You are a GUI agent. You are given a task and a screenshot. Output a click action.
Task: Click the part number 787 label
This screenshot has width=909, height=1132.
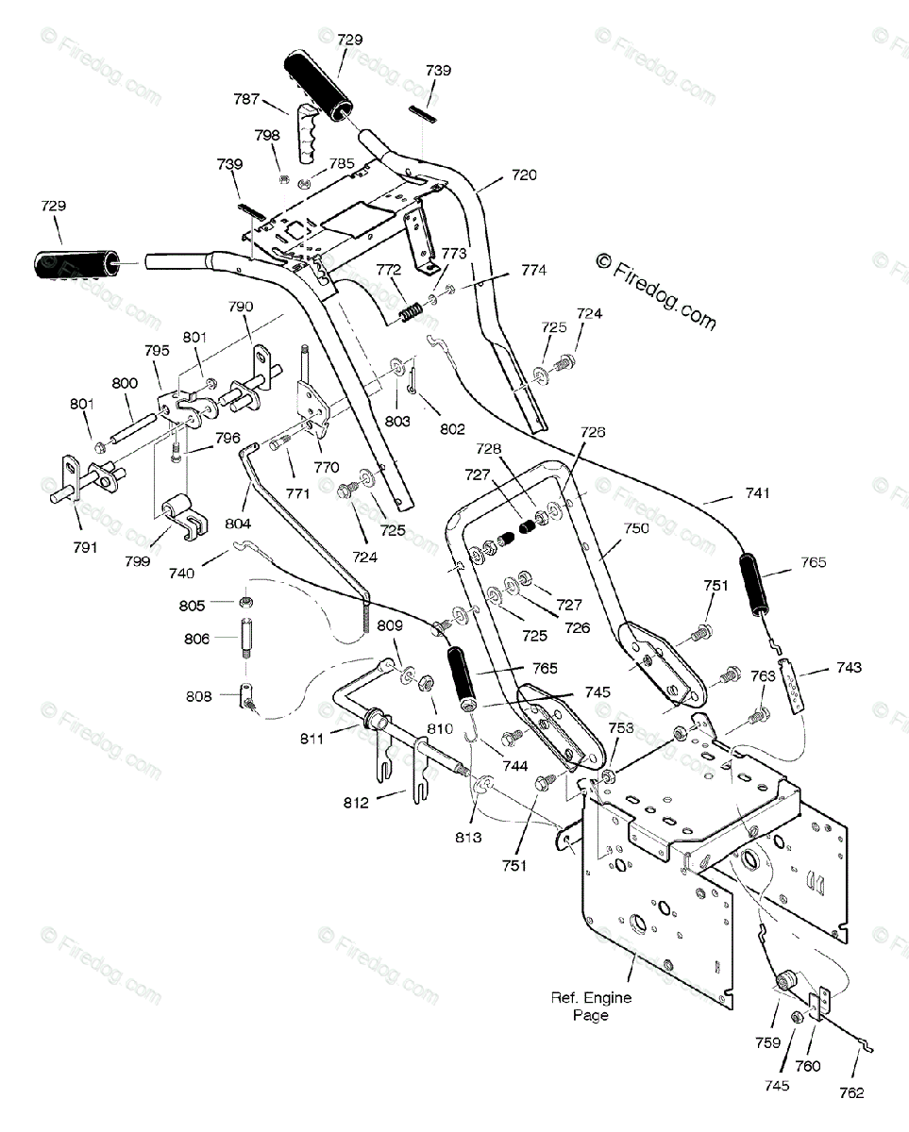tap(246, 99)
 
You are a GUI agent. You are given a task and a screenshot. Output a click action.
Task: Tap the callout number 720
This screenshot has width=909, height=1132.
tap(524, 175)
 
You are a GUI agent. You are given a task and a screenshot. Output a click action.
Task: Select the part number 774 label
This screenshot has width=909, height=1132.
tap(534, 271)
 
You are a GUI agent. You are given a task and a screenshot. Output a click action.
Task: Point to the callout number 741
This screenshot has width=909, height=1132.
tap(758, 492)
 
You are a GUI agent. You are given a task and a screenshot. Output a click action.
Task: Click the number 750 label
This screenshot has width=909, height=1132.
tap(636, 528)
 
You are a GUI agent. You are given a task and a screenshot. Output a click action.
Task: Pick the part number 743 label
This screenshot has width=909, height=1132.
tap(849, 668)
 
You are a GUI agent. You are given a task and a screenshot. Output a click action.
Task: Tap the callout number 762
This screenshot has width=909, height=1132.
tap(851, 1093)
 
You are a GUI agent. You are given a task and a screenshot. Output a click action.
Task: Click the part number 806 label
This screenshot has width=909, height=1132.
tap(196, 640)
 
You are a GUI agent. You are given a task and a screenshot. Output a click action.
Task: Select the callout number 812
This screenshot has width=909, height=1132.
tap(356, 803)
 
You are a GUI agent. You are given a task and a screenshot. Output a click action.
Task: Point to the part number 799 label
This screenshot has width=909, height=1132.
tap(138, 561)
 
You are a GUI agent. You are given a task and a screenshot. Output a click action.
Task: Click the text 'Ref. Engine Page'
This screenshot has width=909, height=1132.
tap(591, 1007)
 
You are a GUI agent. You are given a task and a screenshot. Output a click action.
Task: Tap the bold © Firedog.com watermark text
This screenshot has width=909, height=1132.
tap(656, 292)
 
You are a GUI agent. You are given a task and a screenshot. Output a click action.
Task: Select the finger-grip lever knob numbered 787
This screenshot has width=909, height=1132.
tap(309, 133)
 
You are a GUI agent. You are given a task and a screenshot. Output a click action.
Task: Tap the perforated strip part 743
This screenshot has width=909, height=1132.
tap(791, 685)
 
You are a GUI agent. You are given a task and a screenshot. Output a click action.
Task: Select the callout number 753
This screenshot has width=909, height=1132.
tap(621, 728)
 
